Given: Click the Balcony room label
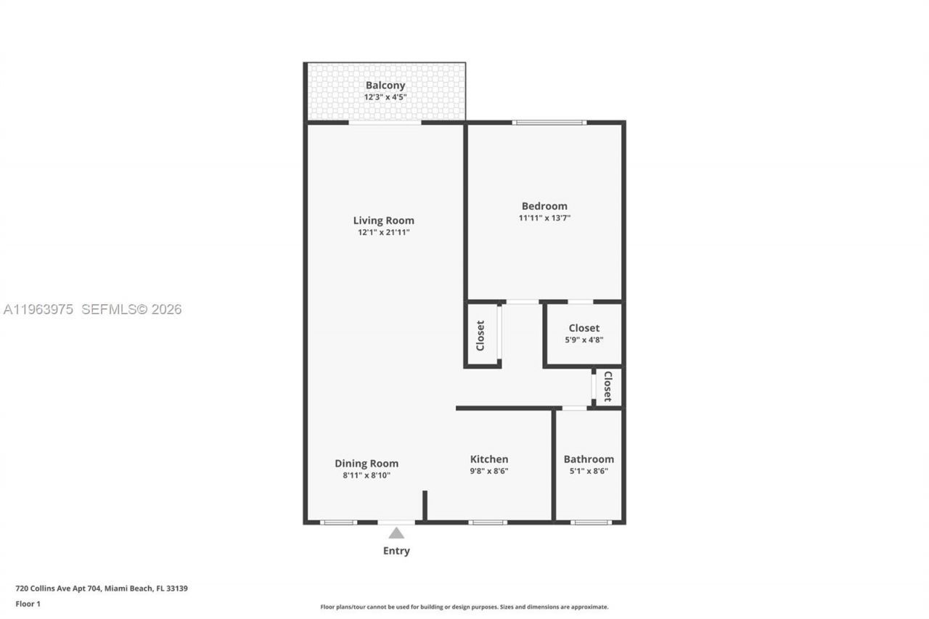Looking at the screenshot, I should click(x=385, y=85).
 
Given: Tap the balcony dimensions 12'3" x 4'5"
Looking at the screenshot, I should click(x=385, y=97).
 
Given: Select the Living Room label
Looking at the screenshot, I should click(x=383, y=221).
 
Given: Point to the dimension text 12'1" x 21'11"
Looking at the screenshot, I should click(x=383, y=233).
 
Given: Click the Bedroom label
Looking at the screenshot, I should click(x=544, y=206).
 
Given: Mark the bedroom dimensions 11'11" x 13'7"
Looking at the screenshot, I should click(x=544, y=218).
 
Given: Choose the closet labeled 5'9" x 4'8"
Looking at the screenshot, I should click(x=584, y=333).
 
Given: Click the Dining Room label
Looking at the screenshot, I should click(x=366, y=464).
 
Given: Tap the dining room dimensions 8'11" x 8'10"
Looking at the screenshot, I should click(x=366, y=476).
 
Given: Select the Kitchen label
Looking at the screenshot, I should click(x=489, y=459).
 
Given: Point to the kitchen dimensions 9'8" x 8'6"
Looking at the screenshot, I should click(x=489, y=471).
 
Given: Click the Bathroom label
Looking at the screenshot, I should click(x=589, y=459).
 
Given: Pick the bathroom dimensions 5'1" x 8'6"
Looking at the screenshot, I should click(x=589, y=471).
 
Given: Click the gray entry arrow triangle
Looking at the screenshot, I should click(x=396, y=533).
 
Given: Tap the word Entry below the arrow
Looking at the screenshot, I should click(x=396, y=551).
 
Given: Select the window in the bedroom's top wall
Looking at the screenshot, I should click(x=549, y=122).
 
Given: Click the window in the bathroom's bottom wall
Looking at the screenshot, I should click(x=591, y=522).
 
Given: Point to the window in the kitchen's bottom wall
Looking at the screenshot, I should click(x=488, y=522).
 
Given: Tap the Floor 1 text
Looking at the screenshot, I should click(x=28, y=604).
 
